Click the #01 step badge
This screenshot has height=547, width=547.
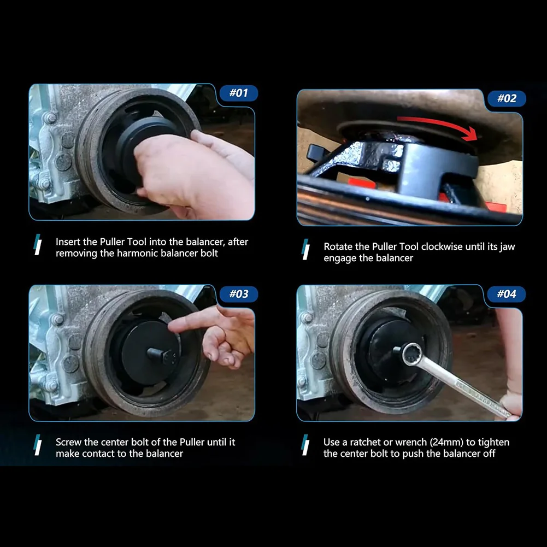pos(239,93)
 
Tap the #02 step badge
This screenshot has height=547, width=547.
pos(507,98)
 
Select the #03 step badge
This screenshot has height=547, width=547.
pos(239,294)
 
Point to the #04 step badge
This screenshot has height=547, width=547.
pos(507,294)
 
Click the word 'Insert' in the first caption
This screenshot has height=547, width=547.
pos(68,242)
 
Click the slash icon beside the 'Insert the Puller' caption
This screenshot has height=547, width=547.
pos(37,245)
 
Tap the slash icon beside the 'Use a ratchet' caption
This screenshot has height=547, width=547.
pos(305,445)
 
